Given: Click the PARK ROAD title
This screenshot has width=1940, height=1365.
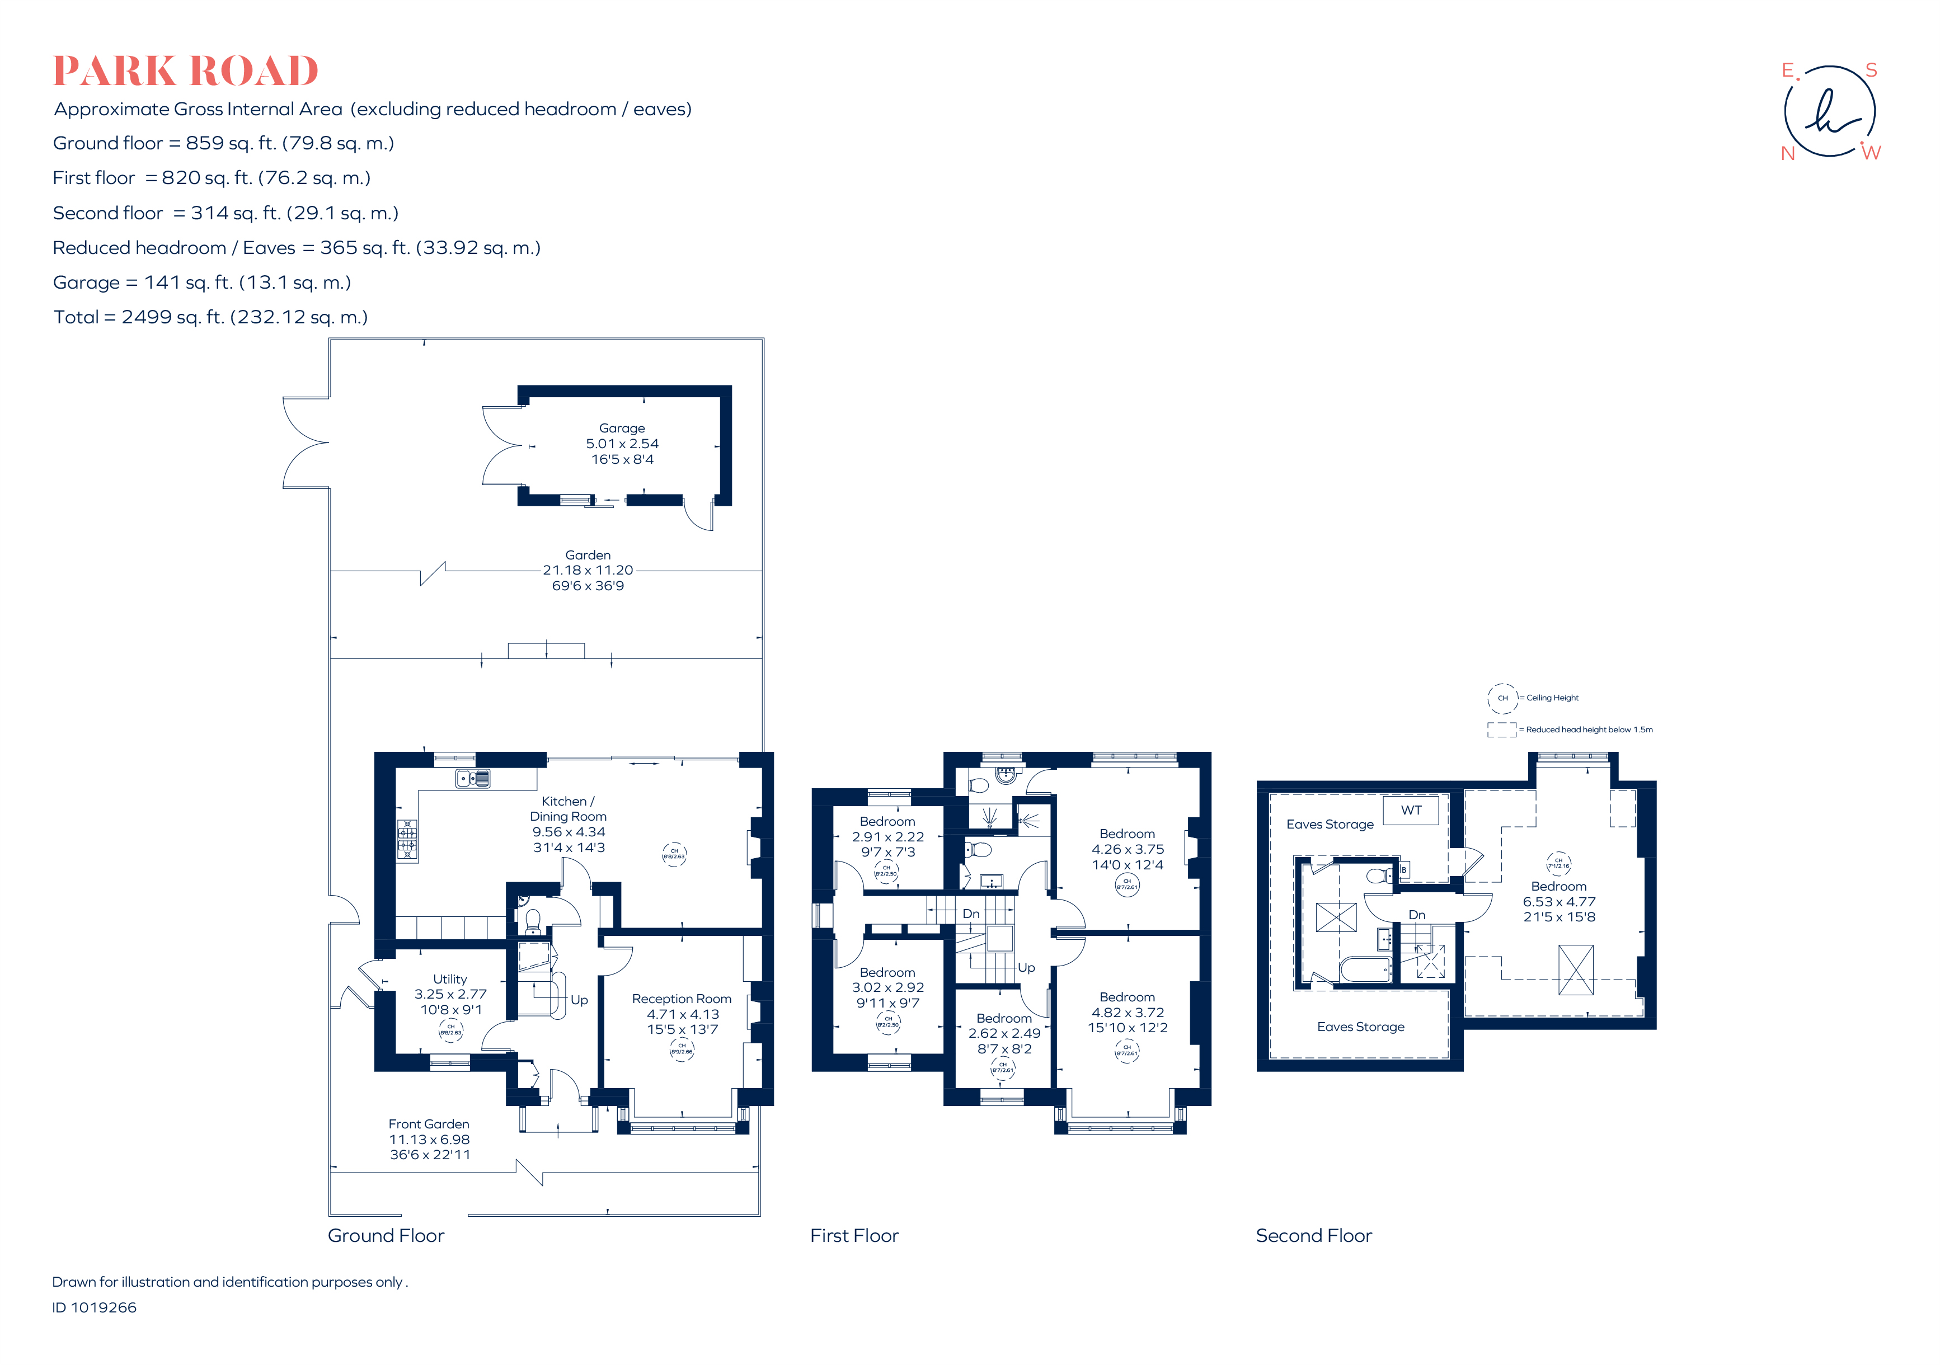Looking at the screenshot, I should (185, 71).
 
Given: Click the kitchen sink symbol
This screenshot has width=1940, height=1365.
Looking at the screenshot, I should (472, 778).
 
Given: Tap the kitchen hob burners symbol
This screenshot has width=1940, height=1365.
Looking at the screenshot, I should (407, 840).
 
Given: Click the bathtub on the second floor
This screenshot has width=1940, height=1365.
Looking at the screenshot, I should (1365, 969).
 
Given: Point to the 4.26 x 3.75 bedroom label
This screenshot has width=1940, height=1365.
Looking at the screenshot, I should (1127, 849).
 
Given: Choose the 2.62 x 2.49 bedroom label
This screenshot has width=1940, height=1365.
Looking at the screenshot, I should (1004, 1033).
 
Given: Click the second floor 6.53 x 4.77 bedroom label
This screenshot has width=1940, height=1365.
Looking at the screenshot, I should (1559, 901).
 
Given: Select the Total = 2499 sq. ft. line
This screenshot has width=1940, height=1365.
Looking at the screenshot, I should (210, 317).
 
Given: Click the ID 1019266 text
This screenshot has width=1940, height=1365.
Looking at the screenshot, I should (95, 1307).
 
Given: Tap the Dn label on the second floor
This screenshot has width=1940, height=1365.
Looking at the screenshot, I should (1417, 915).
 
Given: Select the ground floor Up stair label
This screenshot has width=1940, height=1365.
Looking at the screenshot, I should (579, 1000).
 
